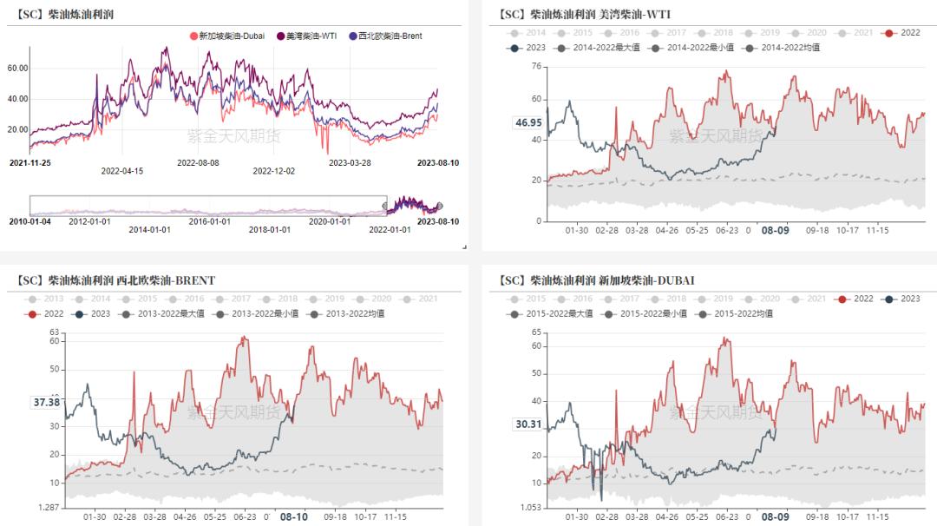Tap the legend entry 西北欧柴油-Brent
(x=390, y=36)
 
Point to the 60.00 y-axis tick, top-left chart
(x=18, y=68)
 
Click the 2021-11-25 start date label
(x=30, y=162)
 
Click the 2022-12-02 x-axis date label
(x=273, y=171)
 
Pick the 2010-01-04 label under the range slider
(x=30, y=221)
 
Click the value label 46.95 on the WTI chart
(x=527, y=123)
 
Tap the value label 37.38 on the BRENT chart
(x=46, y=403)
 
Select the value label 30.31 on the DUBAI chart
(x=527, y=424)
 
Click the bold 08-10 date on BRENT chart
(x=293, y=516)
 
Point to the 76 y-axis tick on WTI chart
(x=536, y=66)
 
